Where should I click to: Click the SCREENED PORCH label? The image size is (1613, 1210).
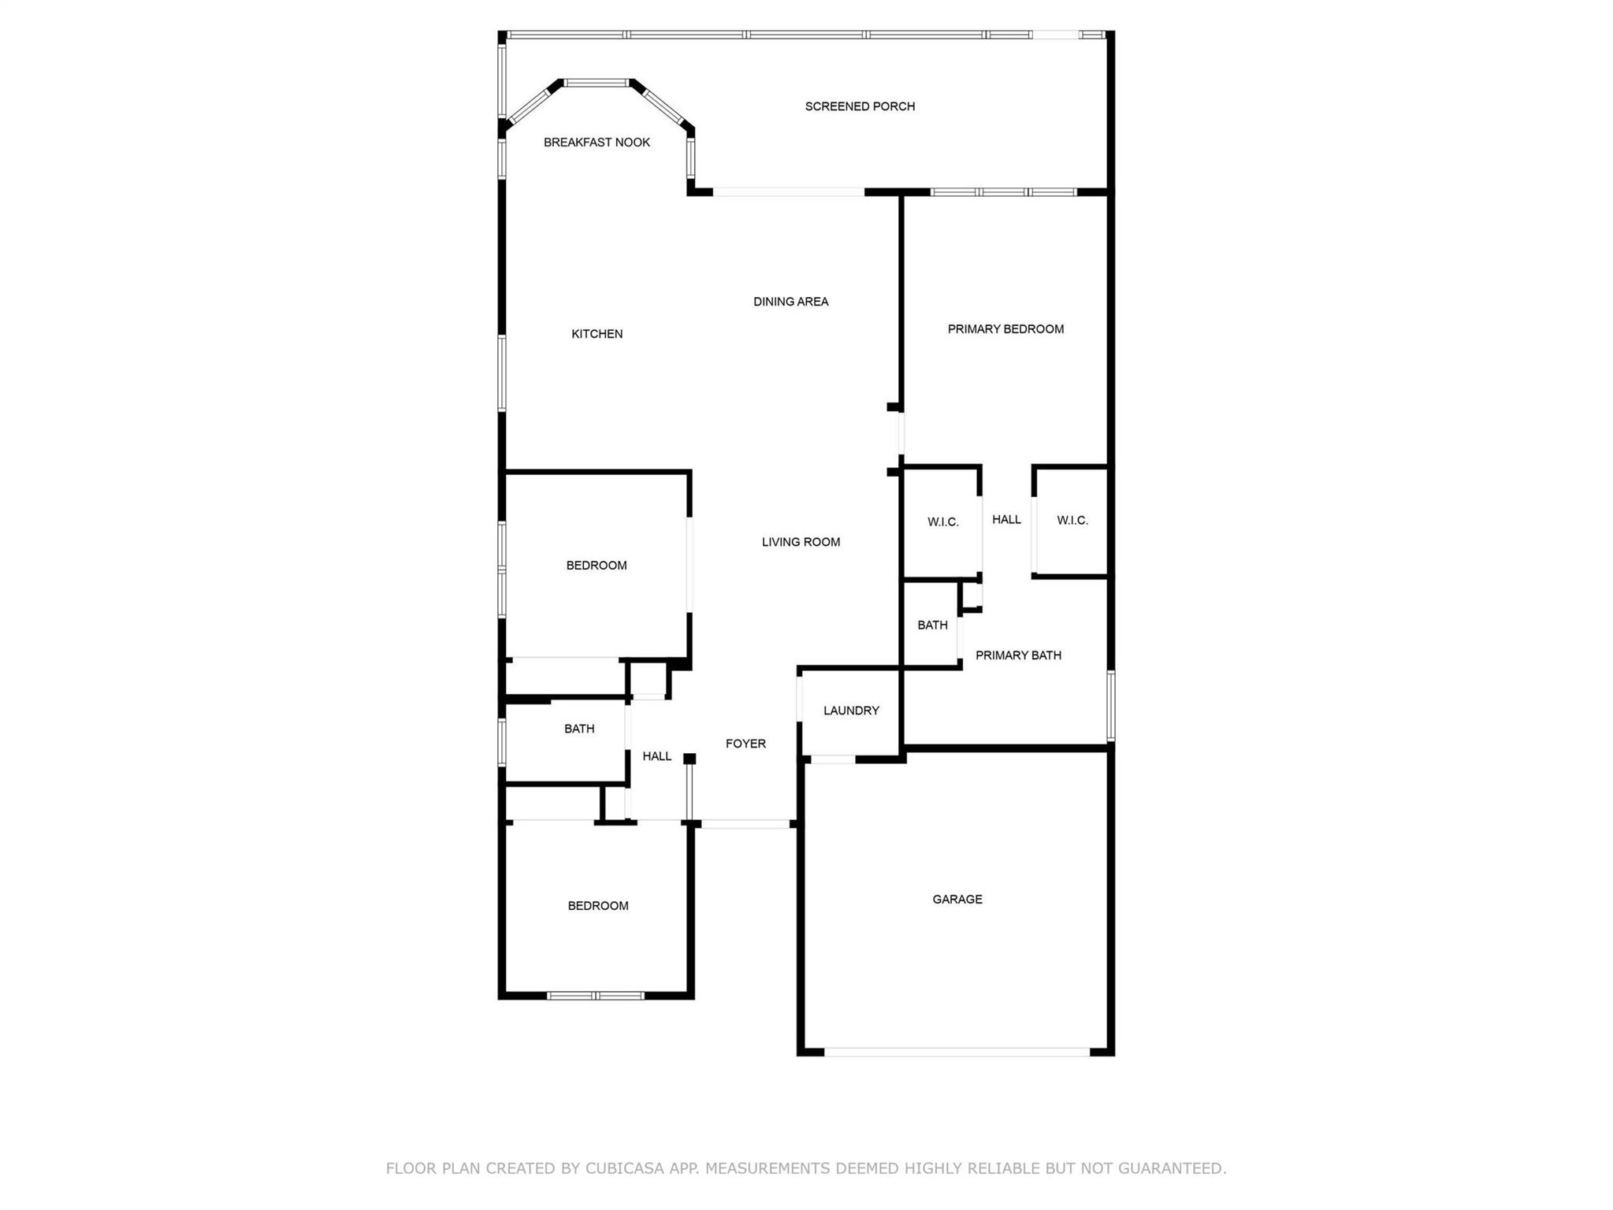point(860,106)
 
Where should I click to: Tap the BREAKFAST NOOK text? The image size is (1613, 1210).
point(597,143)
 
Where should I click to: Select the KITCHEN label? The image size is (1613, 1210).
point(597,334)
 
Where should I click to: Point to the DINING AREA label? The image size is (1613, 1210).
point(790,302)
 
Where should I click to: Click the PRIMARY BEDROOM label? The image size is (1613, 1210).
point(1005,329)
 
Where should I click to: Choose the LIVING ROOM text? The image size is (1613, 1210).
point(801,542)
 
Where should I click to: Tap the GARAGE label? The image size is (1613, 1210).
point(957,900)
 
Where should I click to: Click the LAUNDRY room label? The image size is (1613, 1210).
point(851,711)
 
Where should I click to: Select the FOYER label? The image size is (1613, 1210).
point(745,744)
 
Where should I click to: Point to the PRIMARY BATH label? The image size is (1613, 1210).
point(1018,655)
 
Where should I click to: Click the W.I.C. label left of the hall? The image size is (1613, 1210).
point(942,522)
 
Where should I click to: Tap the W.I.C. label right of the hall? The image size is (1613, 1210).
point(1072,521)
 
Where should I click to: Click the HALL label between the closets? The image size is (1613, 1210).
point(1006,520)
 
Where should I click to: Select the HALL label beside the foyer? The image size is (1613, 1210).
point(656,757)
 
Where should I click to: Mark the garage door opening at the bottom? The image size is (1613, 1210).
point(957,1052)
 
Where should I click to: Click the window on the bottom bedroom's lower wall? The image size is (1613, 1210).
point(596,996)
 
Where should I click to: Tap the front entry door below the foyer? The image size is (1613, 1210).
point(745,824)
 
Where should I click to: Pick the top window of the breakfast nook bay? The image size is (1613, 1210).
point(597,83)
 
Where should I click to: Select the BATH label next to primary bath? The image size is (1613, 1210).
point(932,625)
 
